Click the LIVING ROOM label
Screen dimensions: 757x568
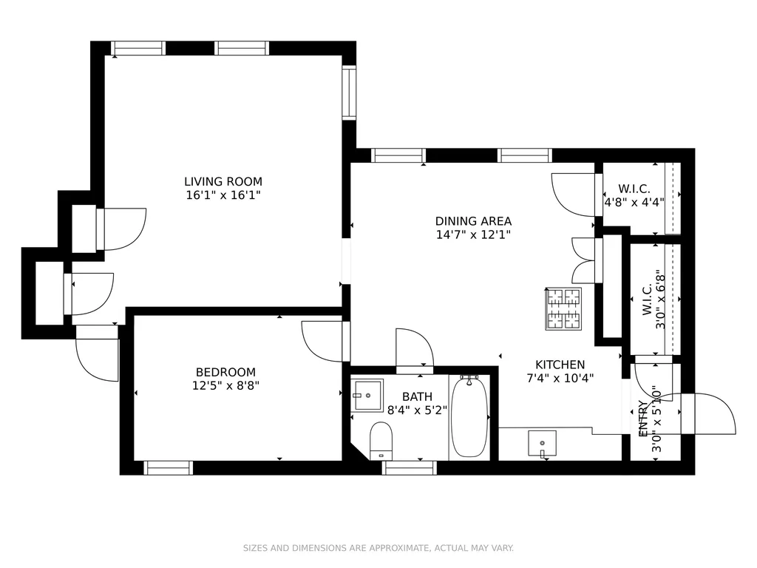223,182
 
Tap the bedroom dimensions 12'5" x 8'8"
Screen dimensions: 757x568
225,386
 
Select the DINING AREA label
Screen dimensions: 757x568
473,221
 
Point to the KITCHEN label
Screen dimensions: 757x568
560,365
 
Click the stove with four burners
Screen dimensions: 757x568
563,309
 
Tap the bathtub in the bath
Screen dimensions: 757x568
469,417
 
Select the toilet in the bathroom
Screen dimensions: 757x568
381,441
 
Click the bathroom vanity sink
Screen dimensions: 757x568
367,395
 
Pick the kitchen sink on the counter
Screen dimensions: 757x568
542,444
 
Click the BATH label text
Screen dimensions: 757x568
417,397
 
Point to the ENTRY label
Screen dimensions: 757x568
643,419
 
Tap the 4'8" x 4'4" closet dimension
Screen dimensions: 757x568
634,202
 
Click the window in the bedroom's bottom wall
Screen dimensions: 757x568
169,468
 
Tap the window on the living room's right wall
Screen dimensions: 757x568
349,92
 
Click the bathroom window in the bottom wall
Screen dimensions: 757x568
410,468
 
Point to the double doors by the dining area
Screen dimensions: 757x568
584,260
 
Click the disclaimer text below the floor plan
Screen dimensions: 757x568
378,548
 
